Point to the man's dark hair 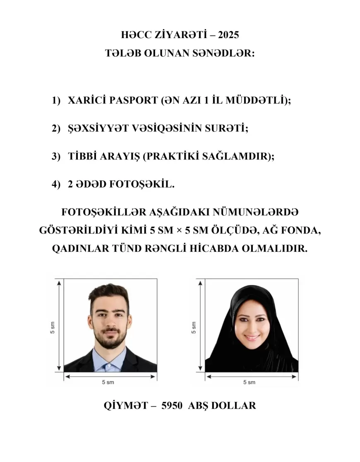(109, 295)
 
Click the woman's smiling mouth (251, 337)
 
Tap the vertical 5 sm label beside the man (53, 325)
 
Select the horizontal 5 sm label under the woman (249, 382)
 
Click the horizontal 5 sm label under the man (108, 382)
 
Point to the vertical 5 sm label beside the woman (194, 325)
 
